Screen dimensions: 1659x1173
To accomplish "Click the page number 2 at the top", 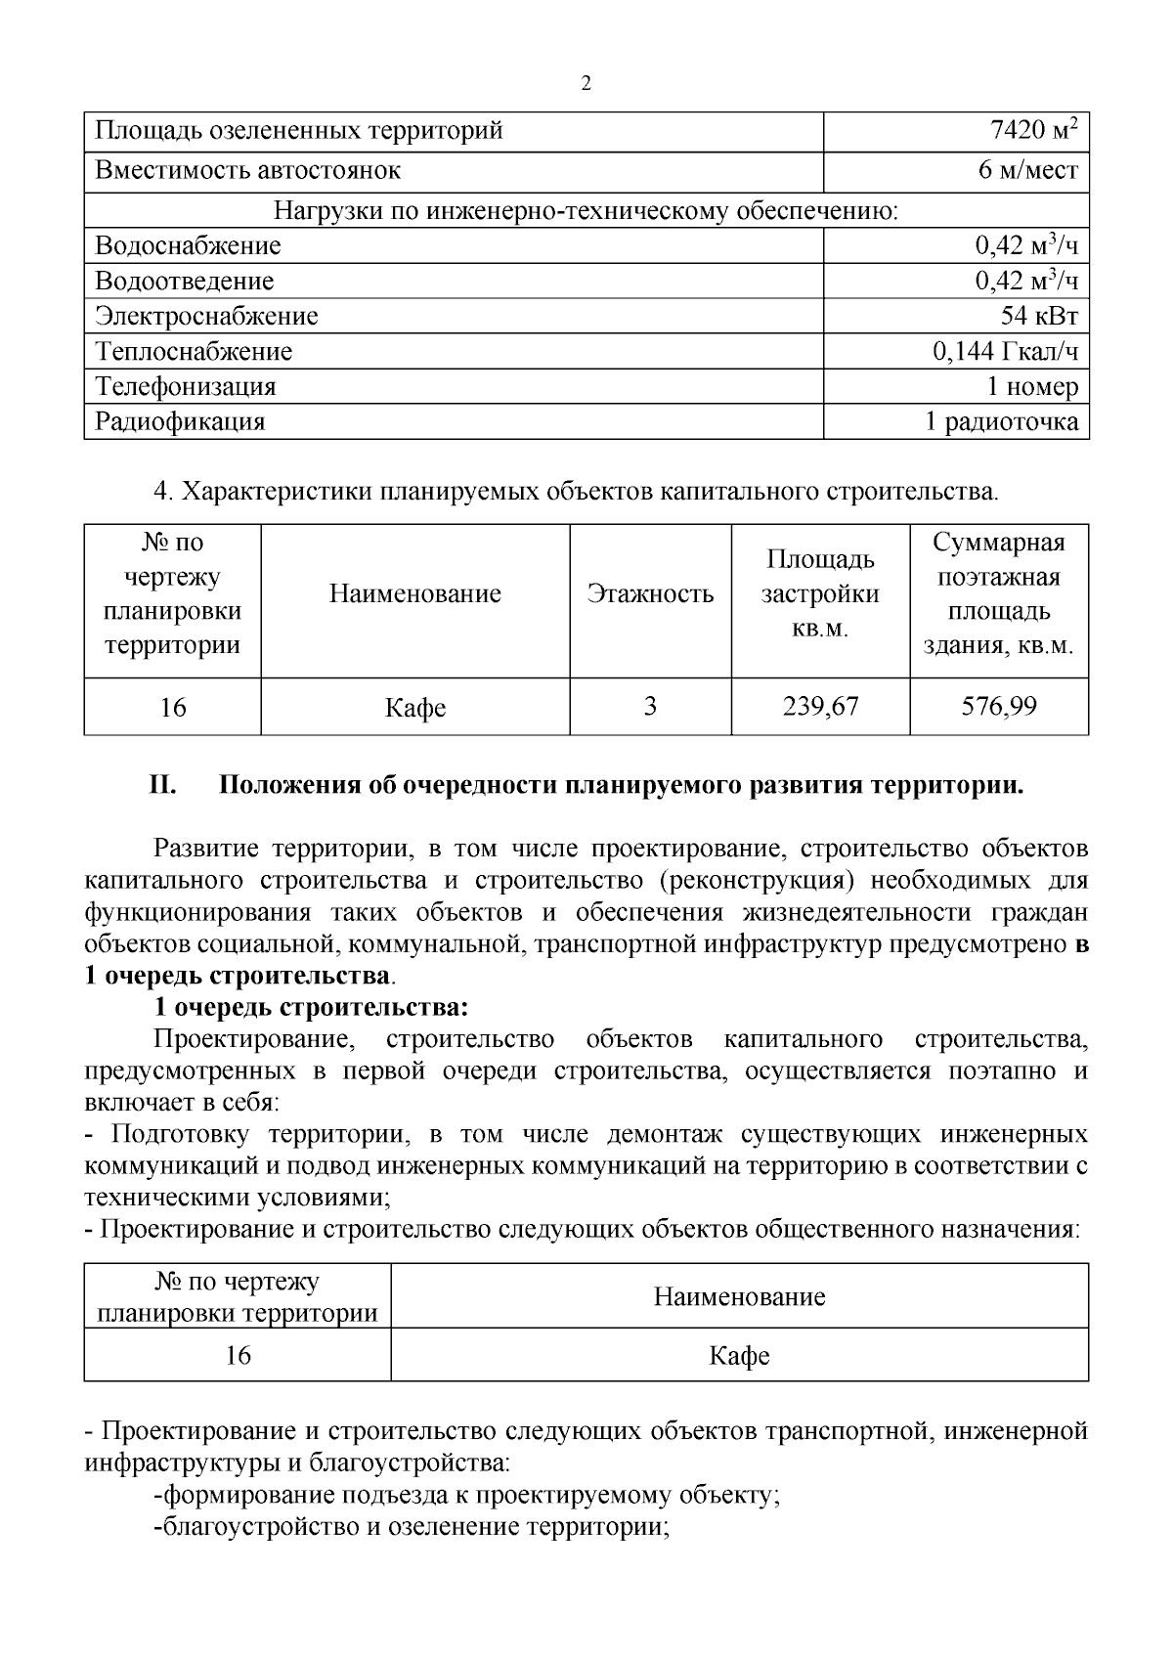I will [x=586, y=83].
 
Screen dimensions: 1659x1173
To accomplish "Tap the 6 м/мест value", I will [x=1027, y=171].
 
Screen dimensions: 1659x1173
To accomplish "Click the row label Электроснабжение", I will [x=206, y=317].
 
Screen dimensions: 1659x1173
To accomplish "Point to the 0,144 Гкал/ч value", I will [x=1005, y=352].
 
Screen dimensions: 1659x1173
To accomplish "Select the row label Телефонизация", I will [x=186, y=387].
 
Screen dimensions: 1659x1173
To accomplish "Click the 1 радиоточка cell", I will [x=1002, y=422].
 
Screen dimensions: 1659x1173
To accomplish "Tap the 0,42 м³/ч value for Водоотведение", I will [x=1026, y=282].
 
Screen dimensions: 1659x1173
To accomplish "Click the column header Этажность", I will [x=650, y=594].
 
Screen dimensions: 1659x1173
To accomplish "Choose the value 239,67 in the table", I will [x=820, y=706].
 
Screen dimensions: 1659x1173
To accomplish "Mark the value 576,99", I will [x=999, y=706].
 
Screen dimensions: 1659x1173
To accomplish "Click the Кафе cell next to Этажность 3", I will [x=415, y=708].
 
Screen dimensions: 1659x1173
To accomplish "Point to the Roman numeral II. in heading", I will [x=161, y=786].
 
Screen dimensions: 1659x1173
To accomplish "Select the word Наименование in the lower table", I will [x=739, y=1297].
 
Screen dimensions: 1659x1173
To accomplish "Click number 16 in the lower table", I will [x=238, y=1355].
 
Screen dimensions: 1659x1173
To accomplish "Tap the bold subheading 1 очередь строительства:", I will [x=311, y=1007].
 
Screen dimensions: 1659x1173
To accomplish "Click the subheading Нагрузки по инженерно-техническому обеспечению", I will [x=586, y=211].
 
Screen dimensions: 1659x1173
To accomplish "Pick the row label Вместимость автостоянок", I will [x=248, y=171].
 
